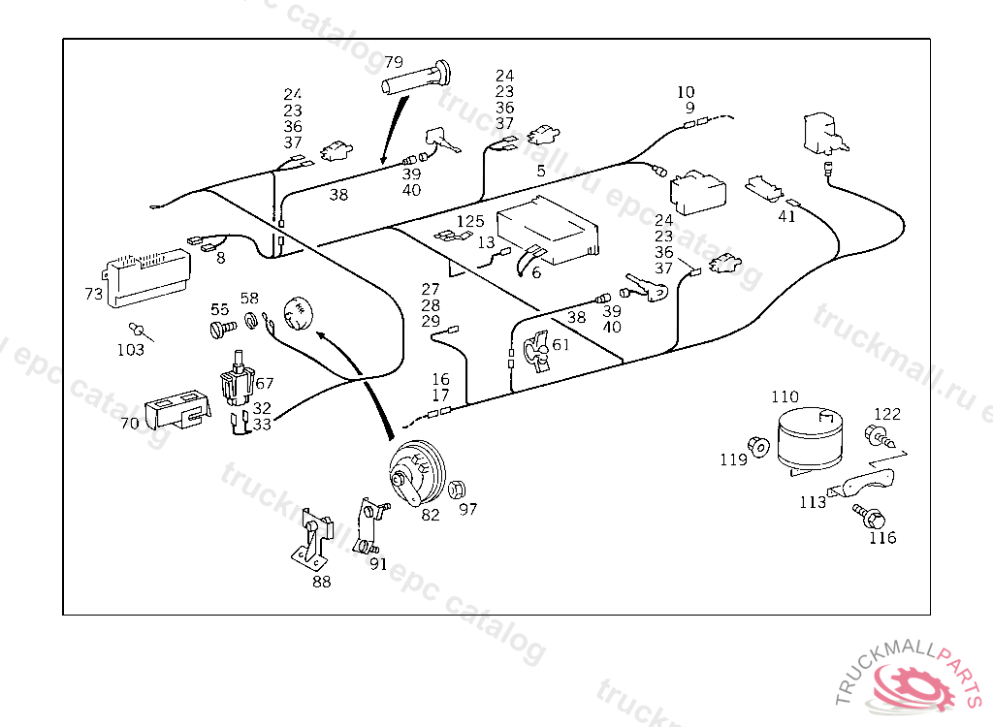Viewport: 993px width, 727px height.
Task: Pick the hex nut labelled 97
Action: coord(460,489)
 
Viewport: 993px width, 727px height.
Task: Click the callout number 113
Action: coord(813,502)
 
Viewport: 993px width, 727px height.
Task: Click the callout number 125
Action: coord(470,222)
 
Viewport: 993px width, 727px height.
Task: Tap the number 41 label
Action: coord(786,216)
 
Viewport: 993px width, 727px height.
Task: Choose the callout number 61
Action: coord(561,345)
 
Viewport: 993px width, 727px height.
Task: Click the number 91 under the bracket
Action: coord(378,563)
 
